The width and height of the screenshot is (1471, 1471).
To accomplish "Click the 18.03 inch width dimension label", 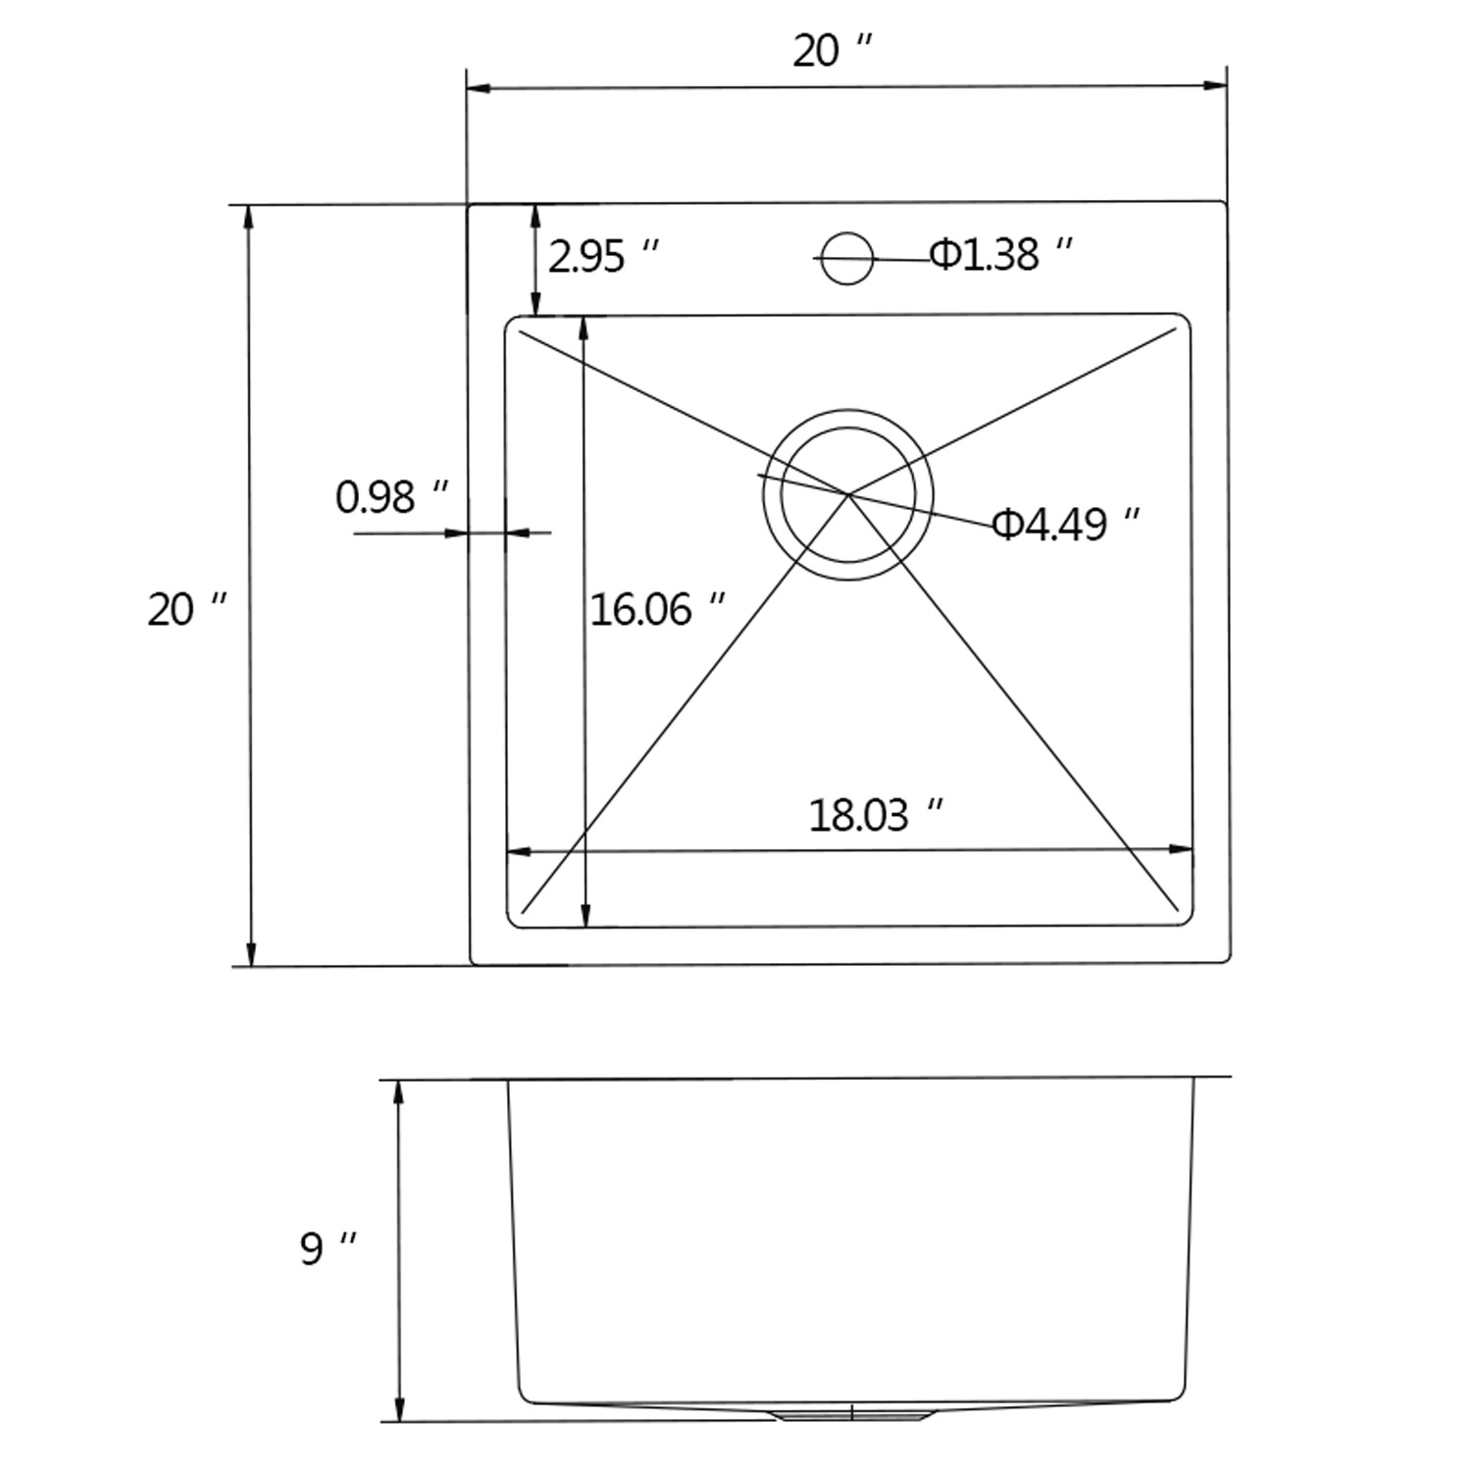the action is (x=876, y=815).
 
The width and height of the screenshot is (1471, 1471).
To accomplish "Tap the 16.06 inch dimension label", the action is (x=657, y=610).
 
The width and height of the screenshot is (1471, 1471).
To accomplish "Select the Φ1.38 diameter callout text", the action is (x=1001, y=255).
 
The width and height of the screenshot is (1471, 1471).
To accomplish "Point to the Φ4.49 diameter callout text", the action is (x=1066, y=525).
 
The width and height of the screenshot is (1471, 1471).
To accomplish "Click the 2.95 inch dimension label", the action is (x=603, y=257).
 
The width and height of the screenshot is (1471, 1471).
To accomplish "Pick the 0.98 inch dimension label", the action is (x=392, y=497).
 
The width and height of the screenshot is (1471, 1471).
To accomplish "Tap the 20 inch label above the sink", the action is (x=832, y=51).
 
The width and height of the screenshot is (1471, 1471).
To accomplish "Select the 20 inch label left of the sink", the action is (x=186, y=610).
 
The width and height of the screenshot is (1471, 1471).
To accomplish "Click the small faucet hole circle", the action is (x=846, y=259).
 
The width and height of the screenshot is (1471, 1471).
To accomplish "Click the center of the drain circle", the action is (x=848, y=494).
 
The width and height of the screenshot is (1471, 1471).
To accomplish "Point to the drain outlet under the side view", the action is (x=851, y=1413).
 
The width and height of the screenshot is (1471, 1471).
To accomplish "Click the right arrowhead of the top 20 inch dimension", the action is (x=1216, y=86).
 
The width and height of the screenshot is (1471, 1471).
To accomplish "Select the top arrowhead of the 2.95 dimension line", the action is (x=535, y=216).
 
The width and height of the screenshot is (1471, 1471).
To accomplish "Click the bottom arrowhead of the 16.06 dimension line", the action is (x=585, y=914).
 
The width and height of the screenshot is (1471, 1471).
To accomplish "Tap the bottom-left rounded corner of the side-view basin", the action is (x=524, y=1395).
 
